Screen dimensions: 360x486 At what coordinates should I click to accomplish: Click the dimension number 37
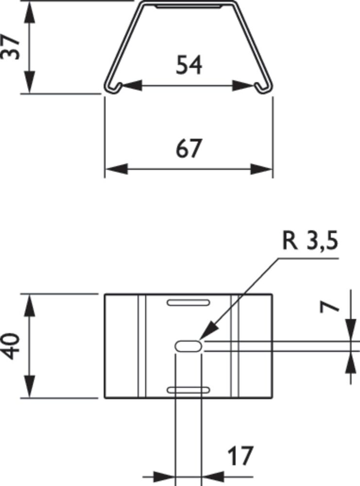(11, 47)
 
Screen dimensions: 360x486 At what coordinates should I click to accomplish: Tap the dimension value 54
(189, 65)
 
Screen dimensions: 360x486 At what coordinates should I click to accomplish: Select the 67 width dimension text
(189, 148)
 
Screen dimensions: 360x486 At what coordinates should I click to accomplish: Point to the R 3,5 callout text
(310, 242)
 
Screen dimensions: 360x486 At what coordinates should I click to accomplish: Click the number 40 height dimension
(11, 346)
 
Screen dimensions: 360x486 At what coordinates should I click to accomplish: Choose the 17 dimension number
(240, 456)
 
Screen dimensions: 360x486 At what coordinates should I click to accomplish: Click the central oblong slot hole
(189, 346)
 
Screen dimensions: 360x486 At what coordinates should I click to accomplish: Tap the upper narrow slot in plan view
(189, 302)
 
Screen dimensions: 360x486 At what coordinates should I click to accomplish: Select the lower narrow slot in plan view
(189, 390)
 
